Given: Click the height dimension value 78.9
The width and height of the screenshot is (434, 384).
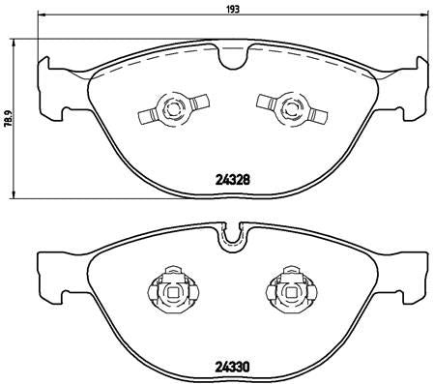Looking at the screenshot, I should (x=8, y=117).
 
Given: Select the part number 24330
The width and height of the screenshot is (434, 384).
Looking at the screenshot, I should (x=229, y=367).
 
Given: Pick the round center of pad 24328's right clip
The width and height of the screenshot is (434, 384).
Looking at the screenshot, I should (x=285, y=109).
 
